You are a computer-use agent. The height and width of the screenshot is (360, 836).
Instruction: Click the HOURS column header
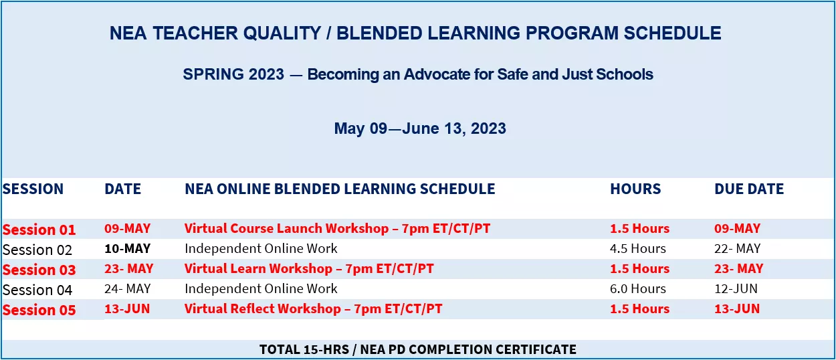click(x=635, y=189)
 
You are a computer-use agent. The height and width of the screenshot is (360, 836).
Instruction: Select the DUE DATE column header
click(x=748, y=189)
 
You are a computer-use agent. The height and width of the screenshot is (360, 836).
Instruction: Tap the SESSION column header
click(x=33, y=189)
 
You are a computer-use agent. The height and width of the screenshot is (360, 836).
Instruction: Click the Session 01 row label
click(x=39, y=230)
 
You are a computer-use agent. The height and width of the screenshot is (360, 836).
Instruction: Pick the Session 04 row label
click(x=37, y=290)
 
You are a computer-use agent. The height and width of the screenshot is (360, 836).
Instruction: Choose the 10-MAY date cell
click(x=127, y=248)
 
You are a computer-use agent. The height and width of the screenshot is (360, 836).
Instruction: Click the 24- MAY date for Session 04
click(x=127, y=288)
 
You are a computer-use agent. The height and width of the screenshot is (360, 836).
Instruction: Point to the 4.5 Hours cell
click(x=638, y=248)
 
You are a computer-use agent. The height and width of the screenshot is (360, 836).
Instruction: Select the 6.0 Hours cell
click(x=638, y=288)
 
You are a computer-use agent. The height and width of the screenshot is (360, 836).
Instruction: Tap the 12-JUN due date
click(x=736, y=288)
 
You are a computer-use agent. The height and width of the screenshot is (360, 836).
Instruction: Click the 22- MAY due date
click(x=738, y=248)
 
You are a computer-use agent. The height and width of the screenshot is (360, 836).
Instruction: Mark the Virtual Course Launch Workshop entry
click(x=337, y=228)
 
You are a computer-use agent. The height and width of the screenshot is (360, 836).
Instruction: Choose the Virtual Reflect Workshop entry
click(x=314, y=308)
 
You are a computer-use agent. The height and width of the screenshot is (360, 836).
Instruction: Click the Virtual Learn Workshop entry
click(x=309, y=268)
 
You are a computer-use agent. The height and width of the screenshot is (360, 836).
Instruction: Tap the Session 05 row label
click(x=39, y=310)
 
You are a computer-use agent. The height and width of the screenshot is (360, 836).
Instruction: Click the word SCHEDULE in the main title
click(x=673, y=33)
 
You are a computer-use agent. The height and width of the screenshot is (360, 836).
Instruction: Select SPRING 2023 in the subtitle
click(x=233, y=74)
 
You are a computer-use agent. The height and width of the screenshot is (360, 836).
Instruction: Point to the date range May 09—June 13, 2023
click(x=420, y=128)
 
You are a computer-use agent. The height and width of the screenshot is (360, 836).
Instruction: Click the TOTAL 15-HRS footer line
click(x=418, y=349)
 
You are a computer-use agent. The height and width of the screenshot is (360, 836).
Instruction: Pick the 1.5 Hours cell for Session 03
click(x=639, y=268)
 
